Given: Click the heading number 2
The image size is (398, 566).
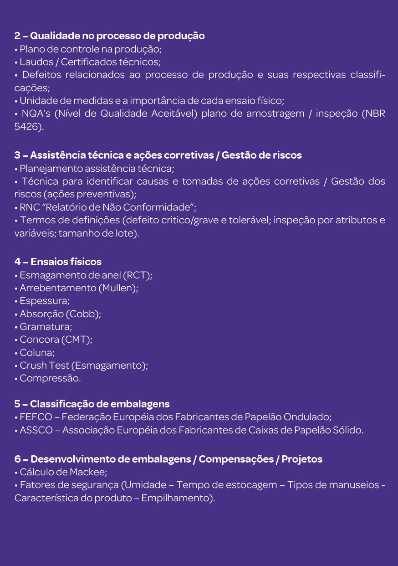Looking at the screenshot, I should pyautogui.click(x=17, y=36).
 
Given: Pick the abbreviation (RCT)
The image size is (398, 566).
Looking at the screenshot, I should pyautogui.click(x=137, y=275).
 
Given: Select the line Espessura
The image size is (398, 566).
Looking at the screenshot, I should pyautogui.click(x=44, y=301).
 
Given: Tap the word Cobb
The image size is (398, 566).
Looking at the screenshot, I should pyautogui.click(x=82, y=314).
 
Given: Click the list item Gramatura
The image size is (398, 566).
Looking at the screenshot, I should pyautogui.click(x=46, y=327).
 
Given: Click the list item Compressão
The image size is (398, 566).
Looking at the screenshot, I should pyautogui.click(x=50, y=378).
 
